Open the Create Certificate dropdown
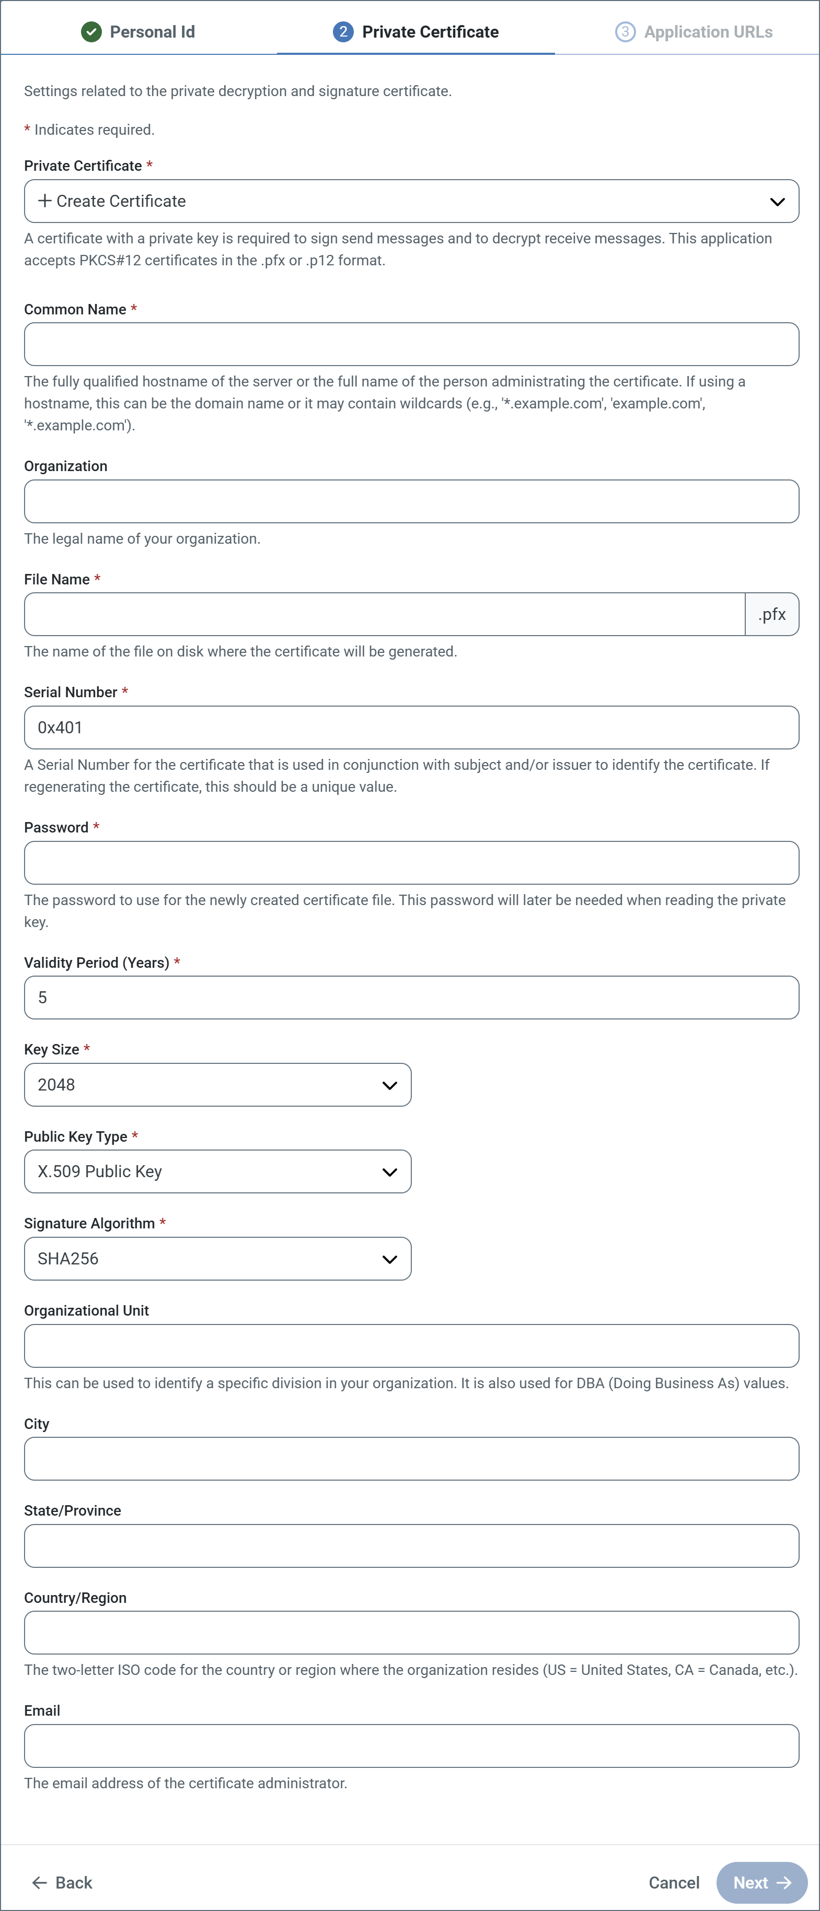[x=411, y=201]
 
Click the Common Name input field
[x=411, y=344]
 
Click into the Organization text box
[x=411, y=501]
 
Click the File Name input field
[x=385, y=614]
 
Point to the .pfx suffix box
[x=772, y=614]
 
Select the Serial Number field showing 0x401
[x=411, y=728]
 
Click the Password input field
[x=411, y=863]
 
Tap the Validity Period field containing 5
[x=411, y=998]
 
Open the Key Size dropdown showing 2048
[x=217, y=1085]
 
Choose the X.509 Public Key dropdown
[x=217, y=1171]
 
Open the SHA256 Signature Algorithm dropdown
[x=217, y=1259]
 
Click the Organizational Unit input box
[x=411, y=1346]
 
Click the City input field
[x=411, y=1459]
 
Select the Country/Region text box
[x=411, y=1633]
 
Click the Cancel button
[x=674, y=1883]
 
